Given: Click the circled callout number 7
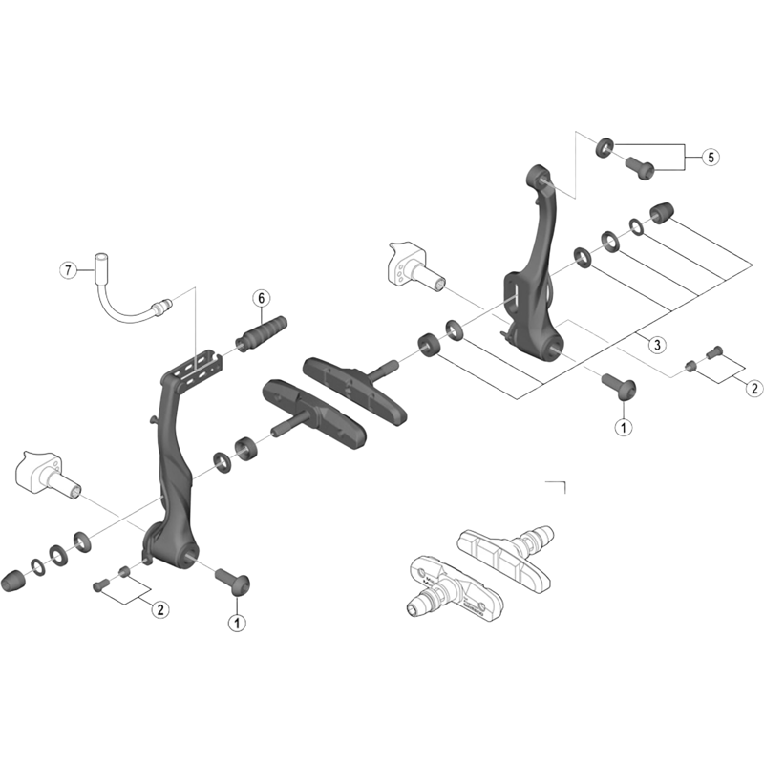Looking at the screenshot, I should [x=67, y=270].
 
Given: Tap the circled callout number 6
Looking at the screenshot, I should [x=260, y=298].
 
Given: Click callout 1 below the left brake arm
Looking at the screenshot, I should [x=235, y=623].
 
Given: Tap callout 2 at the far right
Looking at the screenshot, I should [x=753, y=388].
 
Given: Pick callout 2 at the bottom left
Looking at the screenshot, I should [x=159, y=608].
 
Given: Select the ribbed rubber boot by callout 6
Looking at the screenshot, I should [x=260, y=333].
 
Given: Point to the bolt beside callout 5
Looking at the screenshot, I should [x=639, y=167].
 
